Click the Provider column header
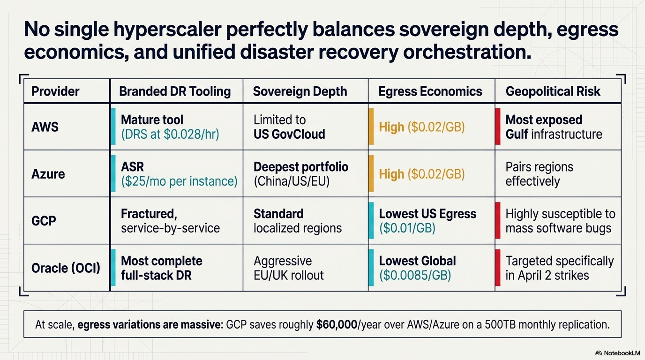coord(55,91)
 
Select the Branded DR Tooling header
coord(175,91)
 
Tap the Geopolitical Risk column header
coord(553,91)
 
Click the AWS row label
coord(45,127)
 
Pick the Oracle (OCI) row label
coord(66,269)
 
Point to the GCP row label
coord(44,221)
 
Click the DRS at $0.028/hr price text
coord(170,134)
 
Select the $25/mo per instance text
coord(179,181)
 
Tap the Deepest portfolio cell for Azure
coord(300,167)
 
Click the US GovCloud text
coord(289,134)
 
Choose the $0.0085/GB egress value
coord(415,275)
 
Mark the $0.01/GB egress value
coord(407,228)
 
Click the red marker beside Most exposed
coord(498,127)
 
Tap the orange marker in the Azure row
coord(371,174)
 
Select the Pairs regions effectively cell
coord(539,174)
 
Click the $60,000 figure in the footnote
coord(337,325)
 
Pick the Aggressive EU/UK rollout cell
coord(288,268)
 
